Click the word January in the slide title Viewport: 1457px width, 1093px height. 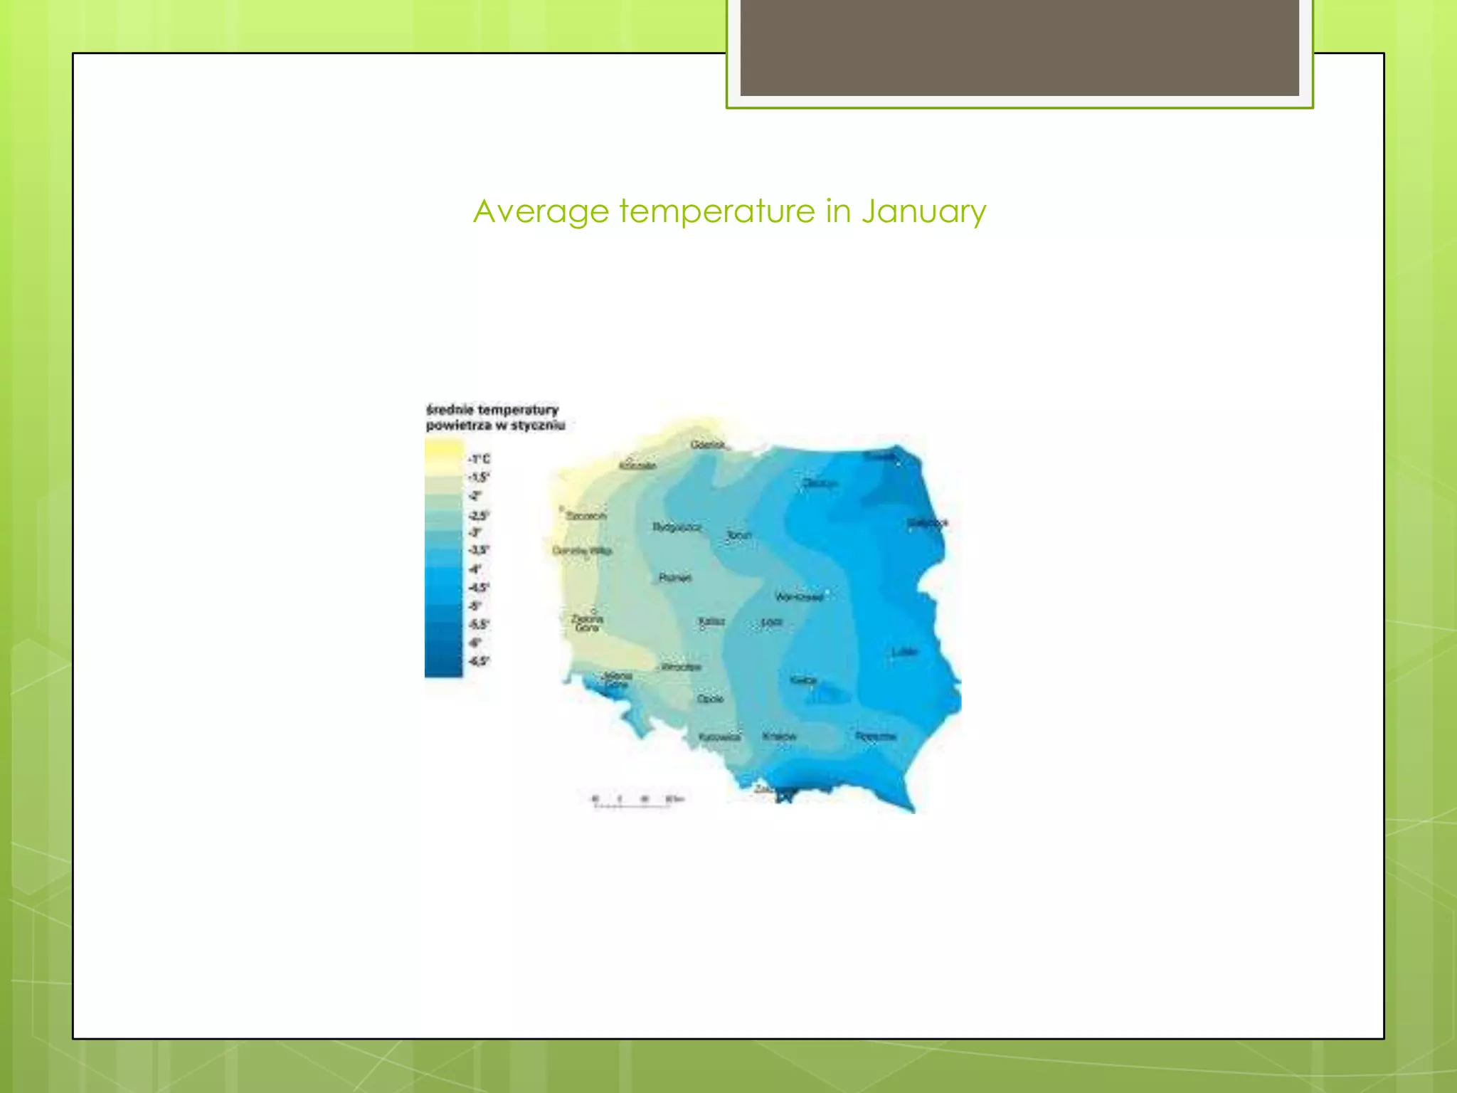point(923,211)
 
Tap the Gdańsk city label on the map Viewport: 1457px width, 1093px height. point(708,445)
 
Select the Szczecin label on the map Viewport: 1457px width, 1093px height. point(586,515)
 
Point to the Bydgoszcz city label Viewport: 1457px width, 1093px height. point(677,527)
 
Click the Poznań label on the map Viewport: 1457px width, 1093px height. point(674,578)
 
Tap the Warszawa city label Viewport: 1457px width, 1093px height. point(799,596)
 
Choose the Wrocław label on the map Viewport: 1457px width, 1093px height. point(681,667)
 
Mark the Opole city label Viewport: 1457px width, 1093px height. point(710,699)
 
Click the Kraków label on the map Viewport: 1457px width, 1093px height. point(779,736)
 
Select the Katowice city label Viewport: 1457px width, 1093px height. point(719,737)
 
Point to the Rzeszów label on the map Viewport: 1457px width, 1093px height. point(875,736)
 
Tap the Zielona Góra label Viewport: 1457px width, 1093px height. point(587,623)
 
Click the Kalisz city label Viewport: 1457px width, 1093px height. point(711,621)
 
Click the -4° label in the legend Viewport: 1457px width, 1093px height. point(475,569)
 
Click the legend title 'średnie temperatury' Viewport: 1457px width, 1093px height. point(492,410)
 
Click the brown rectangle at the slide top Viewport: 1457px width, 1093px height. point(1019,47)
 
